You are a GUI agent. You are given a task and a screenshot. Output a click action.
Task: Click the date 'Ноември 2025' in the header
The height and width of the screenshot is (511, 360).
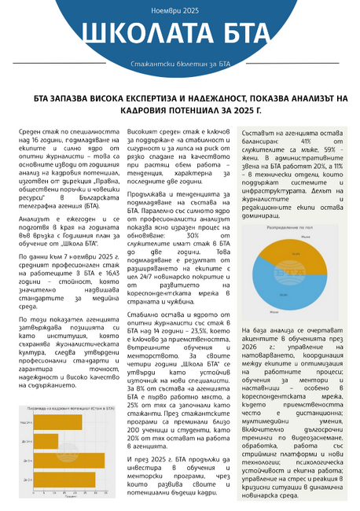click(180, 12)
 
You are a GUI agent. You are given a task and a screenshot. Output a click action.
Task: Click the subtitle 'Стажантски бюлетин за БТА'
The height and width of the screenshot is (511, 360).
click(180, 62)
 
